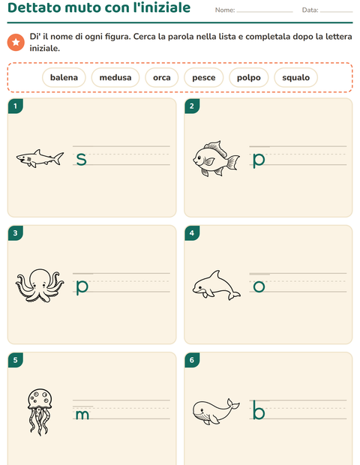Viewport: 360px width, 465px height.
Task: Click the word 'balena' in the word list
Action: (64, 77)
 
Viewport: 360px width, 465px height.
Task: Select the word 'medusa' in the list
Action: (115, 77)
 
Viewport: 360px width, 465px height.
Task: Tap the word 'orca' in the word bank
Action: (161, 78)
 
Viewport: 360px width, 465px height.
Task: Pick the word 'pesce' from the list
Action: (204, 78)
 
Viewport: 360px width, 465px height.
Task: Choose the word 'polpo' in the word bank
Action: (248, 78)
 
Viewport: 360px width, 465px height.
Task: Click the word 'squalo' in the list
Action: (295, 78)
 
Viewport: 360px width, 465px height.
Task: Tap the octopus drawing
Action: (40, 285)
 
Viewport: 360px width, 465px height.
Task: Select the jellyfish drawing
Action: (40, 412)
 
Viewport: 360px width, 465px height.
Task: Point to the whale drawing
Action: (216, 412)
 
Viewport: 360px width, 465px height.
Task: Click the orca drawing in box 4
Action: (216, 285)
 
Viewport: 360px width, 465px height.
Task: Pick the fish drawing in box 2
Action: (216, 159)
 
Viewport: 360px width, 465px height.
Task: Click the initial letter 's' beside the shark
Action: (81, 159)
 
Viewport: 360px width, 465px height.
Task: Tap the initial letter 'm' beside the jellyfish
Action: (82, 415)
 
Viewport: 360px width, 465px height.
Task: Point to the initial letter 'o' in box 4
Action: (259, 286)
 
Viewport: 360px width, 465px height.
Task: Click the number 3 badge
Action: (16, 233)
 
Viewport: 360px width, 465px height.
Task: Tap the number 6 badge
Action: (192, 360)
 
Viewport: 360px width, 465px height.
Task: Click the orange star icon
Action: (16, 43)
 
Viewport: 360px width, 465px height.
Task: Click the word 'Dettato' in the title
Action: (34, 7)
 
